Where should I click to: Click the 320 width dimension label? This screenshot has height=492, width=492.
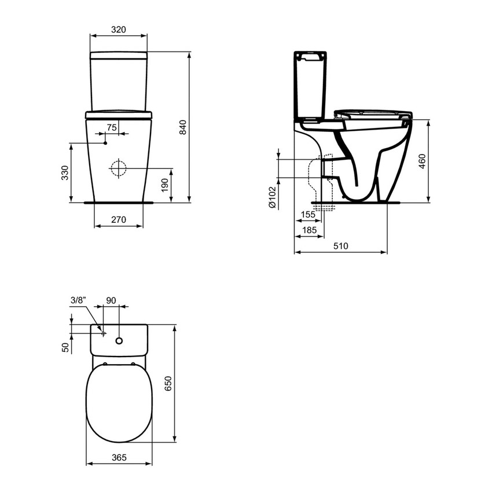(118, 29)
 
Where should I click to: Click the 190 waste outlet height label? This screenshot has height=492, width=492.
(164, 186)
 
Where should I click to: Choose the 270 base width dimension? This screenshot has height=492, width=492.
(118, 219)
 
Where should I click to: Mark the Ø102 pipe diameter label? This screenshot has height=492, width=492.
(272, 197)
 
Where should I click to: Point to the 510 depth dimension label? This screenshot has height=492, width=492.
(340, 246)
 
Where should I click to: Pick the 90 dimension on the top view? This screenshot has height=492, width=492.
(111, 300)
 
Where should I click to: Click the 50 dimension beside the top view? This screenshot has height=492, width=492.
(65, 347)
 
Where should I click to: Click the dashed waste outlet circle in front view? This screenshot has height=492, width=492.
(118, 168)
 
